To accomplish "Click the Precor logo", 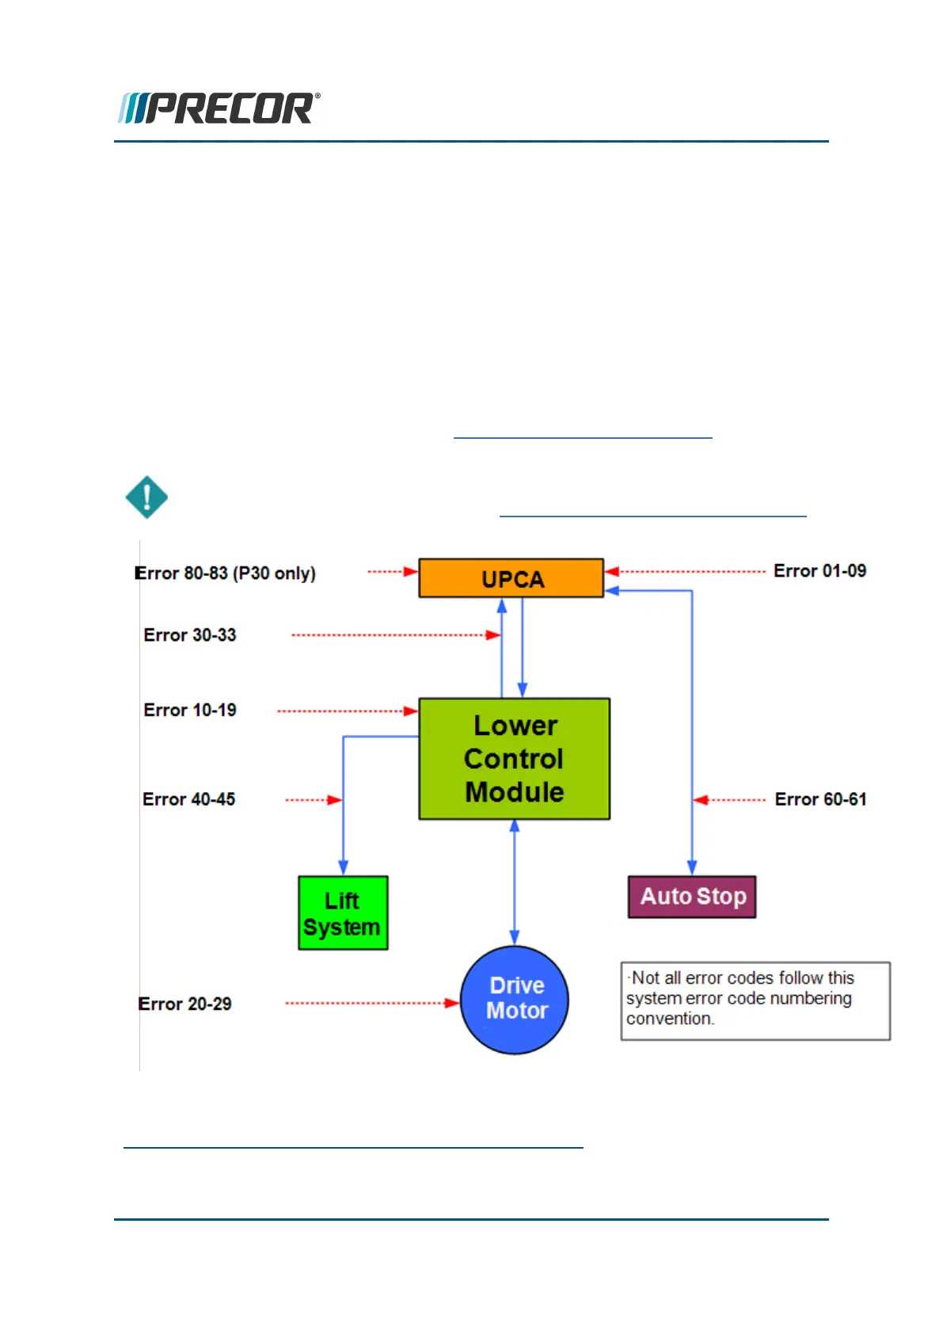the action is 219,108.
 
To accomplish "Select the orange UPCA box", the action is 511,577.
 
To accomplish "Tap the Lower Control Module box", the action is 515,759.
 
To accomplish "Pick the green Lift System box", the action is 343,913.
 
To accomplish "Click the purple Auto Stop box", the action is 692,896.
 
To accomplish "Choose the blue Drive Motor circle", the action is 515,1000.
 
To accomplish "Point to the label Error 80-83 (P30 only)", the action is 225,573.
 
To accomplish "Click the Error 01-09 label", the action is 819,570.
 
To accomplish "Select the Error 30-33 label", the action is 190,635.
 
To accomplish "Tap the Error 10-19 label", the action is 190,710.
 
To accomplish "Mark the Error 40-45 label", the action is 188,799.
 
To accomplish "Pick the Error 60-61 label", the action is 820,799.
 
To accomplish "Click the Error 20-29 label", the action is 184,1004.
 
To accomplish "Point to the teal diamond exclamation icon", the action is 146,497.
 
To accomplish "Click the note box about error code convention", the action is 755,1001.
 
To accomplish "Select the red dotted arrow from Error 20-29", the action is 373,1004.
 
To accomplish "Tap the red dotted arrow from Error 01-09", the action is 685,572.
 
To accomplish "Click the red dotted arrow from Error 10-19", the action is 348,711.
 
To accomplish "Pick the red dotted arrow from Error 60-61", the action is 729,800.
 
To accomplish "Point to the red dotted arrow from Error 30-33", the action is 396,635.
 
